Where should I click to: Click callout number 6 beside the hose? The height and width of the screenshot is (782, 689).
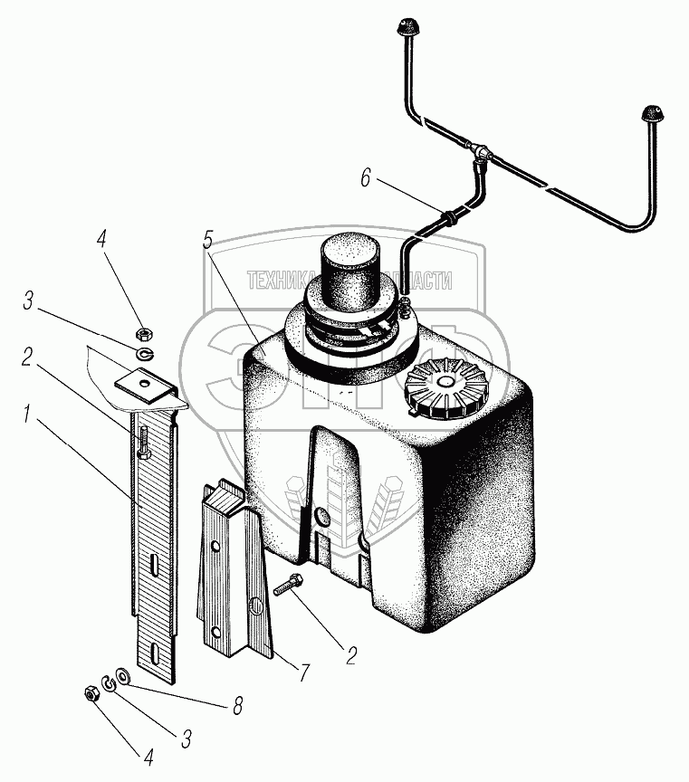tap(365, 178)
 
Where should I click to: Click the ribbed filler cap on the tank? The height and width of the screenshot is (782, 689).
tap(445, 392)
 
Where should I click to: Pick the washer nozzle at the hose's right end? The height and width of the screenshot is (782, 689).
tap(649, 114)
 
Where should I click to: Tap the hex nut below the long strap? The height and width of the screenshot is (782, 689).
tap(90, 694)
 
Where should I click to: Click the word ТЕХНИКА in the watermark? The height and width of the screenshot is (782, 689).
tap(283, 281)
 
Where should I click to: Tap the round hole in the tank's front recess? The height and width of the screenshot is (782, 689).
tap(321, 516)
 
